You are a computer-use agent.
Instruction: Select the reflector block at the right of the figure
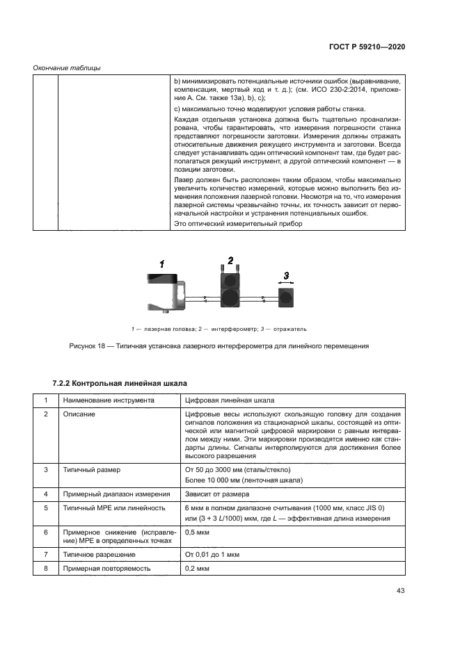(285, 298)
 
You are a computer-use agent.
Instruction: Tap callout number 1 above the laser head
(161, 263)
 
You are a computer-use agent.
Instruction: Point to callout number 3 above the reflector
(284, 276)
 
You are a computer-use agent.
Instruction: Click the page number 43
(400, 591)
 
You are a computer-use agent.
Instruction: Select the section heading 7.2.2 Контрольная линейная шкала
(120, 383)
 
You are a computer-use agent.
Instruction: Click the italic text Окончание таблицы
(67, 67)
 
